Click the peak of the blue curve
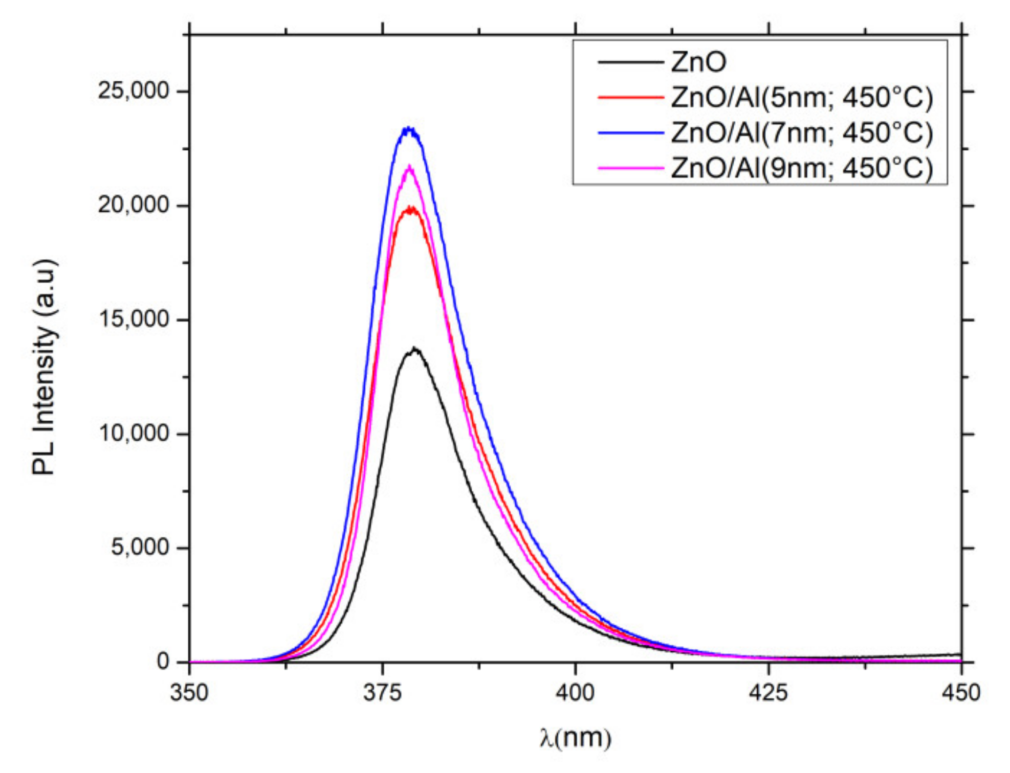coord(409,128)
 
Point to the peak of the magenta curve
coord(409,166)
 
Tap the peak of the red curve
coord(410,208)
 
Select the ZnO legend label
coord(698,62)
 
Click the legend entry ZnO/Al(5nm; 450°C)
coord(802,97)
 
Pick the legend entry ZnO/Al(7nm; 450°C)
coord(802,132)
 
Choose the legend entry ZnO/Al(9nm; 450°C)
coord(802,168)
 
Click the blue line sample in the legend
coord(630,132)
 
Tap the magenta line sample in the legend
coord(630,168)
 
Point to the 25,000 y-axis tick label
coord(133,91)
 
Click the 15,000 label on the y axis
coord(133,320)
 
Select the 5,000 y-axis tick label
coord(139,548)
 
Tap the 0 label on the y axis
coord(163,662)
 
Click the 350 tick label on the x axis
coord(189,693)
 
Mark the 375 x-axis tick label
coord(382,693)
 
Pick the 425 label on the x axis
coord(769,693)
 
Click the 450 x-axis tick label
coord(961,693)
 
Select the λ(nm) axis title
coord(575,738)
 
